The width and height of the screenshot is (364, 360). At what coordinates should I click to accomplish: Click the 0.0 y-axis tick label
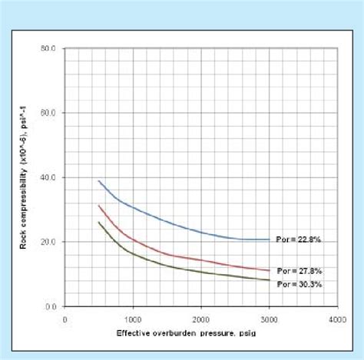(x=51, y=306)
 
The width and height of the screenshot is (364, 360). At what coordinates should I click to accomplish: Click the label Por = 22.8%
(x=294, y=240)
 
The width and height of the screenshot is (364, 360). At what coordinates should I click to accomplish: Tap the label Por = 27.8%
(x=294, y=271)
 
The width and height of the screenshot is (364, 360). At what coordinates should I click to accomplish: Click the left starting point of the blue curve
(x=99, y=181)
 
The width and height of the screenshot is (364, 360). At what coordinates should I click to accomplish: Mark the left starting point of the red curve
(x=99, y=205)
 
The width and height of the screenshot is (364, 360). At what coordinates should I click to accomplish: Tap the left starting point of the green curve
(x=99, y=222)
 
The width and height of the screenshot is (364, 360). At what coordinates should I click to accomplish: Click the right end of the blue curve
(x=269, y=239)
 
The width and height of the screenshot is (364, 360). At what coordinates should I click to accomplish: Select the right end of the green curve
(x=269, y=280)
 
